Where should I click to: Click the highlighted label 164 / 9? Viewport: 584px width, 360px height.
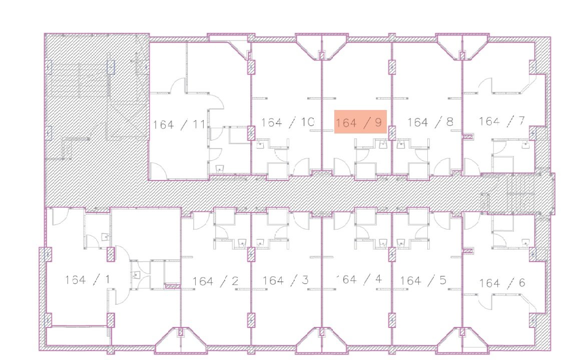click(x=360, y=122)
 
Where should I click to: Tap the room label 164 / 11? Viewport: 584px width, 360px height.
click(x=179, y=124)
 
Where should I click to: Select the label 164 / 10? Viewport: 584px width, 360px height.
click(x=288, y=122)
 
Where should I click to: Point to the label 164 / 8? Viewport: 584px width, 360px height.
click(x=430, y=122)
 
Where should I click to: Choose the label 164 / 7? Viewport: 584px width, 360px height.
click(x=502, y=121)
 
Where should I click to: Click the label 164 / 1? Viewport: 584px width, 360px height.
click(x=88, y=279)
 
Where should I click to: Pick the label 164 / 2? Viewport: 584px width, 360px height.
click(x=215, y=280)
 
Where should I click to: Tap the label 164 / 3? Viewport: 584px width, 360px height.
click(x=285, y=280)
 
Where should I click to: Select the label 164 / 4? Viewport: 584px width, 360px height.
click(x=359, y=279)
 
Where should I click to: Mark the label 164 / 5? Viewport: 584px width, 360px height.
click(x=423, y=280)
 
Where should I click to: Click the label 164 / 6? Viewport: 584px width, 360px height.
click(x=502, y=283)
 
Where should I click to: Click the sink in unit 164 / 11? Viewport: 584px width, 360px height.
click(x=220, y=168)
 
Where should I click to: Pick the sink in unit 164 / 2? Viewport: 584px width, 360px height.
click(x=243, y=243)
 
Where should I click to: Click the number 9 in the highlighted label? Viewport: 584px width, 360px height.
click(x=379, y=122)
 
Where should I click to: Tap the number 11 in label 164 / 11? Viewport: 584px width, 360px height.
click(x=199, y=124)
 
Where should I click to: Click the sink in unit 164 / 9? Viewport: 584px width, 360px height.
click(x=382, y=144)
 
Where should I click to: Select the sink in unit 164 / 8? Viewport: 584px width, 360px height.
click(x=401, y=144)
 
